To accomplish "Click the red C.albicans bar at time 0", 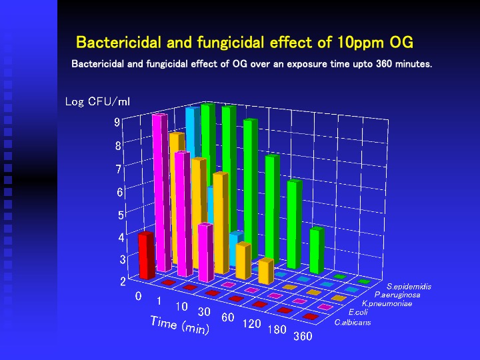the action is click(146, 255).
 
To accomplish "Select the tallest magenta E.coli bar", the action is click(161, 193).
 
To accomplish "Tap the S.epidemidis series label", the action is click(409, 287).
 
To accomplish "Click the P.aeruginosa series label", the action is click(397, 295).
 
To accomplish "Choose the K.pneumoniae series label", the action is click(387, 304).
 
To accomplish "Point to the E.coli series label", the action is click(358, 313).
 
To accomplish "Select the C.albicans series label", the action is click(353, 323).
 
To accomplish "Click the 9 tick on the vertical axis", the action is click(117, 123).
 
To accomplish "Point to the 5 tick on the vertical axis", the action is click(121, 215).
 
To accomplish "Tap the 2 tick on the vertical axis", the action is click(123, 281).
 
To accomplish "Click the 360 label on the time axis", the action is click(303, 337).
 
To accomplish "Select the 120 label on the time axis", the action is click(251, 323).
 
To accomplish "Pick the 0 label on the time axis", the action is click(139, 296).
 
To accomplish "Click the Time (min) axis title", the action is click(180, 325).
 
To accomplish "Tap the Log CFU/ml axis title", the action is click(97, 101).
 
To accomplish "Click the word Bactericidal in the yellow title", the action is click(119, 42).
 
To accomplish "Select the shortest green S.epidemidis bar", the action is click(317, 251).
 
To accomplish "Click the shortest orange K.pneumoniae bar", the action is click(266, 271).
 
